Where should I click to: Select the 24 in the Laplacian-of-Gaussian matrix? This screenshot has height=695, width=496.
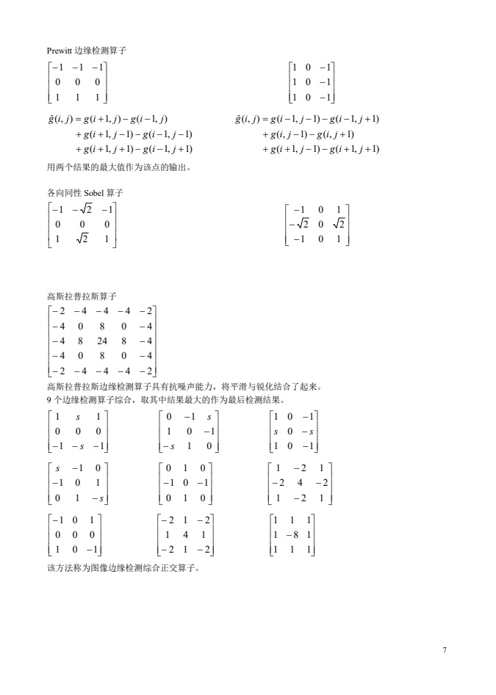coord(101,340)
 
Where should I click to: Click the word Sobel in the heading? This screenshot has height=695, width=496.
coord(94,192)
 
